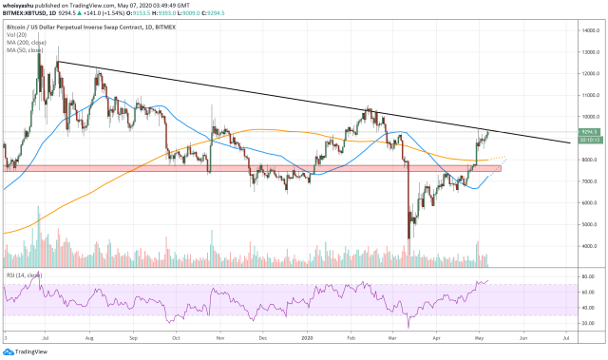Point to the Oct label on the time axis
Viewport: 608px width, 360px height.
click(178, 336)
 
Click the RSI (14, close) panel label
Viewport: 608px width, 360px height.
click(23, 275)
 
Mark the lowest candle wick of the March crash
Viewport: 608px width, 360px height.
click(408, 238)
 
